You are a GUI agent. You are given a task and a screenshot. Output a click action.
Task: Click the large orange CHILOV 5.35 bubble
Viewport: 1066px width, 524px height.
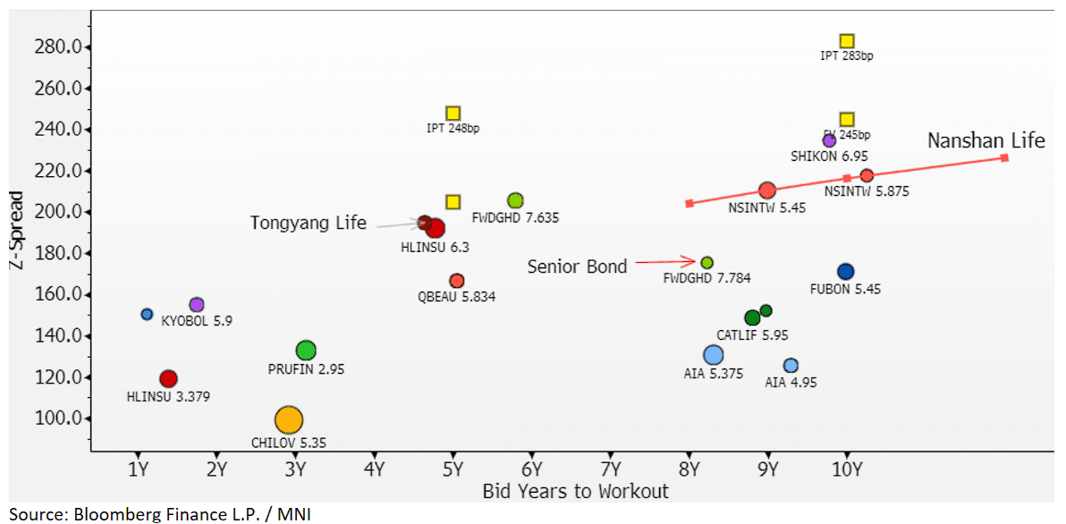point(289,419)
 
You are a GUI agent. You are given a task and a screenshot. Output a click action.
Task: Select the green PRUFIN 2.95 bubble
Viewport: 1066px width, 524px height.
point(306,351)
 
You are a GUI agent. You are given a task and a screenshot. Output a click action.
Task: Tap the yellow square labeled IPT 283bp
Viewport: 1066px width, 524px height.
point(847,41)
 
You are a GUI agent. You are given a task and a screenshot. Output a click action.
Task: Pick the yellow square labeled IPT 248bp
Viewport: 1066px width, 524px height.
point(453,114)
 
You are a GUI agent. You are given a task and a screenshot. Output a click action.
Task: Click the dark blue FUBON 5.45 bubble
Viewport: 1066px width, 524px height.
point(845,272)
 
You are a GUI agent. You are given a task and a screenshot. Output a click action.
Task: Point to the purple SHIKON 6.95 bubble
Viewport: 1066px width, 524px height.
point(829,140)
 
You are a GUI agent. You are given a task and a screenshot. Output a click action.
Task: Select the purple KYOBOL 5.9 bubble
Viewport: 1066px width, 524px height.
point(197,305)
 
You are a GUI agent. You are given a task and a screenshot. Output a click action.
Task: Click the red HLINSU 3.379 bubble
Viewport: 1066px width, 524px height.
point(168,379)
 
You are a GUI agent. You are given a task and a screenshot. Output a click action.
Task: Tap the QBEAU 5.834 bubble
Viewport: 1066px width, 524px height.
point(457,282)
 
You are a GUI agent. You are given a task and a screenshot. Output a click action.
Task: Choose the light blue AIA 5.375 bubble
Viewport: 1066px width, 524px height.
point(713,355)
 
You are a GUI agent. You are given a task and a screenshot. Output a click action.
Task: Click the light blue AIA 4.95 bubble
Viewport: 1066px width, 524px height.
point(791,366)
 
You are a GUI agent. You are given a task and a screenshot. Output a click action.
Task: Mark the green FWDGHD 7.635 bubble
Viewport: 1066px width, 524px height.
point(515,201)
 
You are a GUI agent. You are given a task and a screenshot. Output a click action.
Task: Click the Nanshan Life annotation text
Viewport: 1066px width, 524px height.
point(986,141)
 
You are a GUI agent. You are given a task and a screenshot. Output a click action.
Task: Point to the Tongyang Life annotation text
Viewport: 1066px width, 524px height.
point(308,224)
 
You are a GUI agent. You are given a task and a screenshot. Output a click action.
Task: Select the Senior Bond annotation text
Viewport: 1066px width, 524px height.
point(577,266)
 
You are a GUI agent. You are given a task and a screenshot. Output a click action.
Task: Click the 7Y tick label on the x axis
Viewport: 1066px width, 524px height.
point(611,468)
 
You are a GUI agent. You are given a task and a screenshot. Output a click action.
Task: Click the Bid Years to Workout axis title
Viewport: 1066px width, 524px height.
point(575,491)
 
